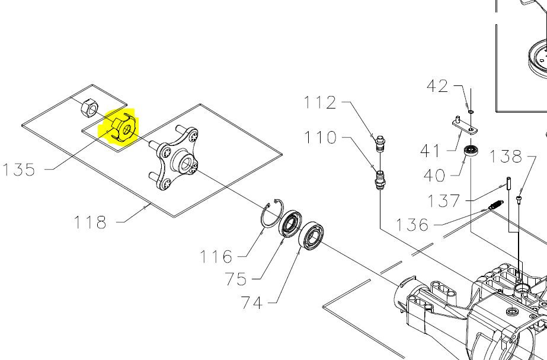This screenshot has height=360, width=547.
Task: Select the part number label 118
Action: (x=90, y=222)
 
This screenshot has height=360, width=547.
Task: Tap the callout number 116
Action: (x=216, y=257)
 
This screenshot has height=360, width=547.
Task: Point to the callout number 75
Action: (x=235, y=279)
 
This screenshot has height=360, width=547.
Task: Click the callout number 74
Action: (x=252, y=302)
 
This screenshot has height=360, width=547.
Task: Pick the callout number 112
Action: (x=320, y=103)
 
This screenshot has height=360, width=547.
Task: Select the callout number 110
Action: (x=320, y=138)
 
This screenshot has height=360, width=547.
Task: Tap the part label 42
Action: (x=437, y=86)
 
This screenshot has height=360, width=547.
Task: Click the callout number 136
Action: (x=412, y=225)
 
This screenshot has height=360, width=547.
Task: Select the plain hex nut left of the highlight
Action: (x=88, y=108)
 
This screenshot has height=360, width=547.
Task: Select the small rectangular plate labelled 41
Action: (x=463, y=124)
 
